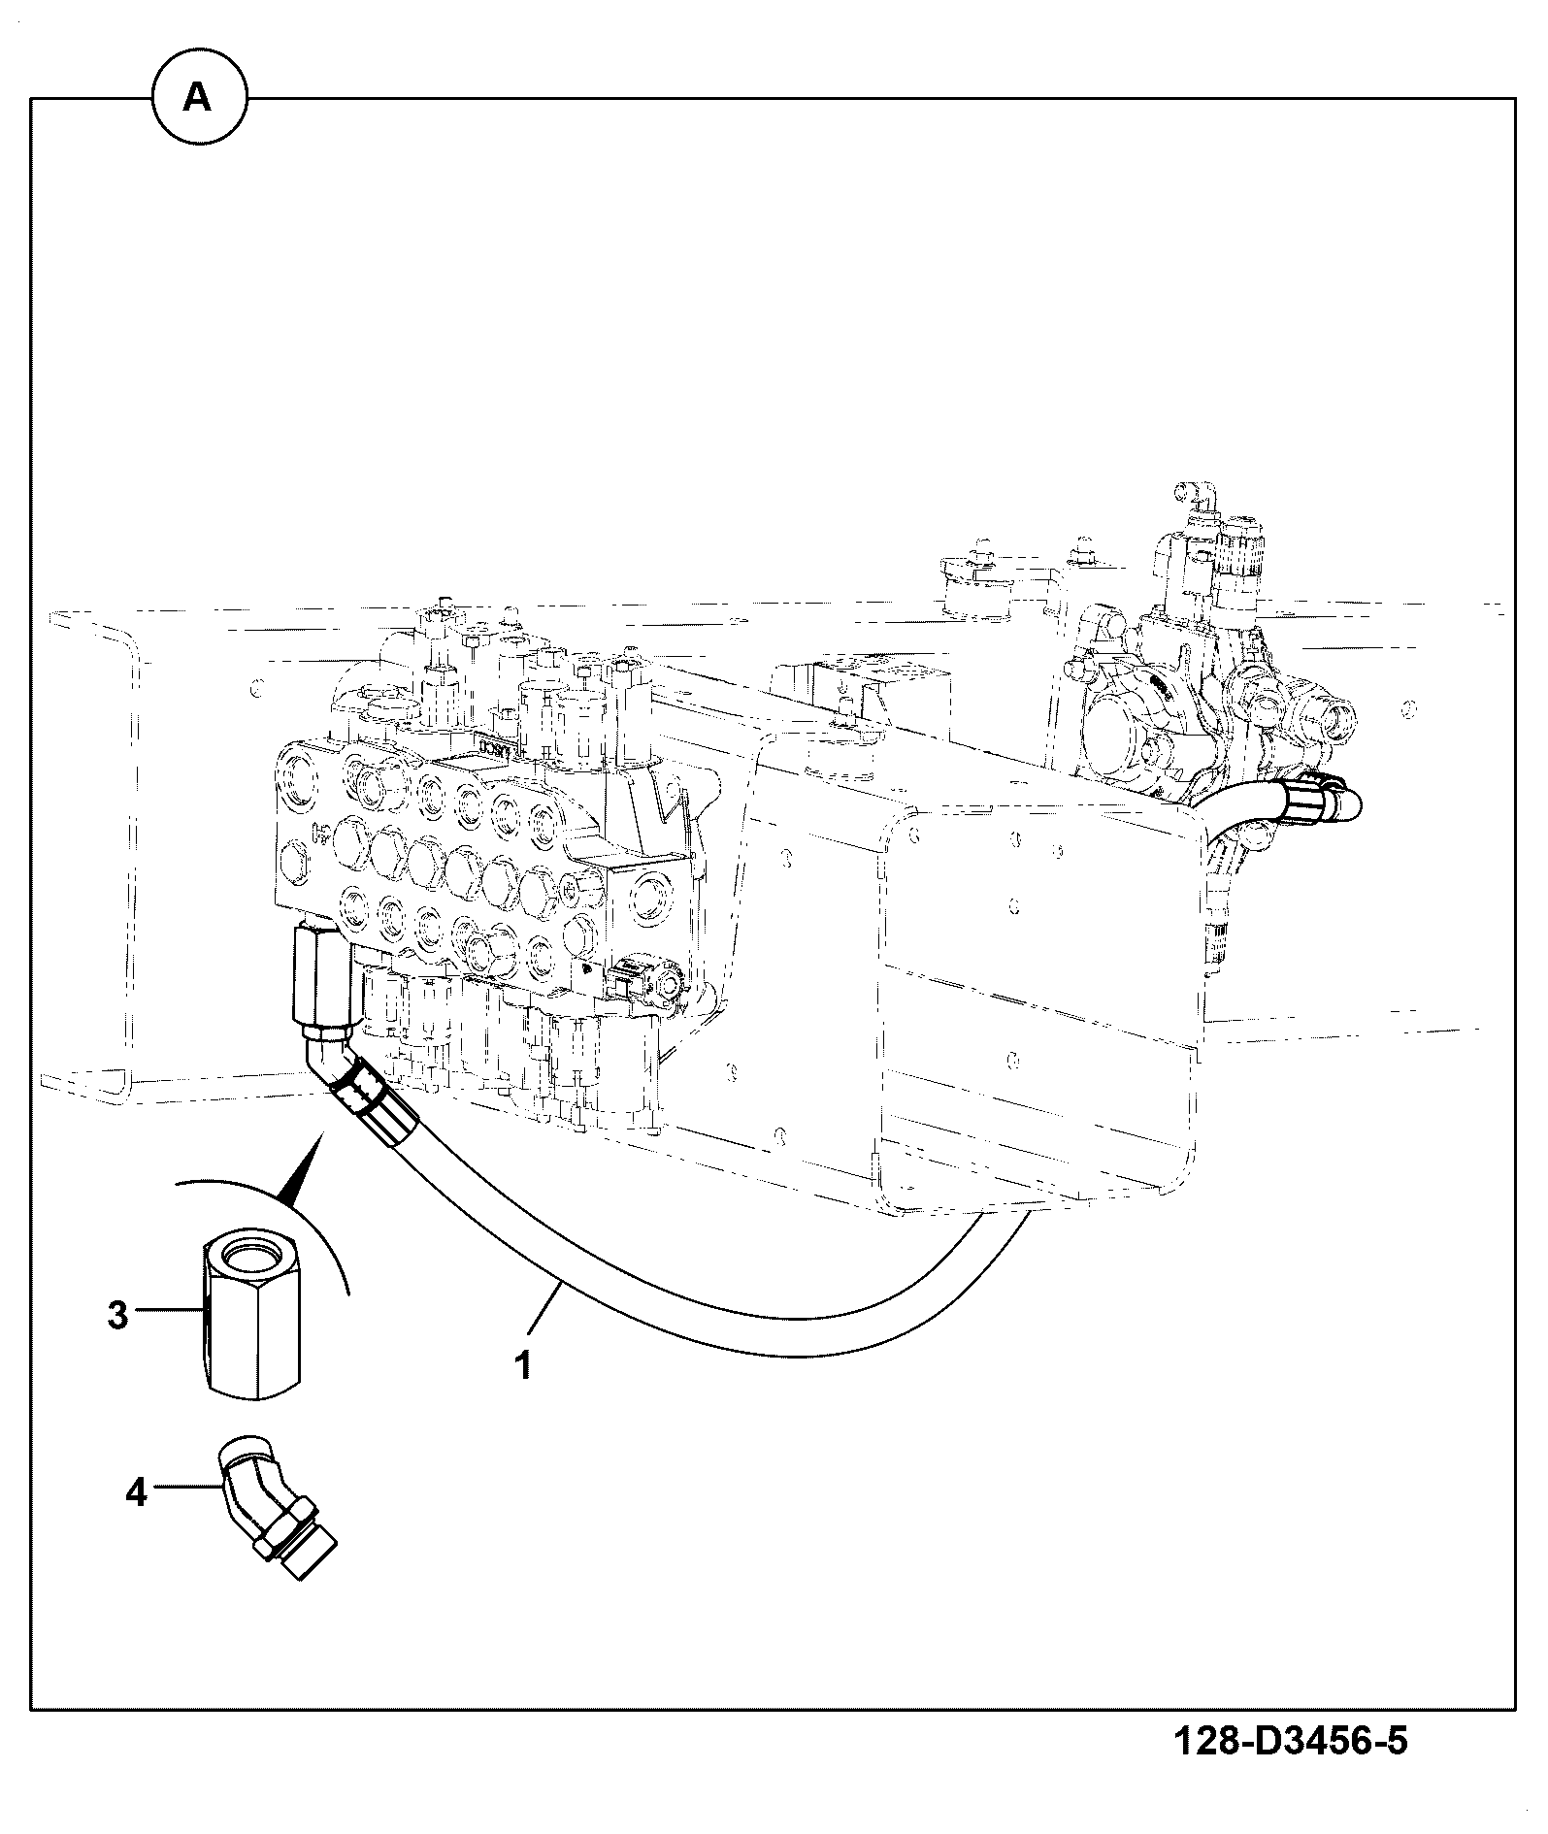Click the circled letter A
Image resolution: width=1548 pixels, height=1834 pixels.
(x=198, y=97)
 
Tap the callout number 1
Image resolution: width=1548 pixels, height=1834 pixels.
(x=523, y=1365)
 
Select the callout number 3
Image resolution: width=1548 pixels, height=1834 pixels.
(x=117, y=1317)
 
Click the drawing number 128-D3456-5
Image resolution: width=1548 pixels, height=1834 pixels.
(x=1290, y=1743)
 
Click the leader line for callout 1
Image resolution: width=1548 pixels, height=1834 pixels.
(x=549, y=1314)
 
